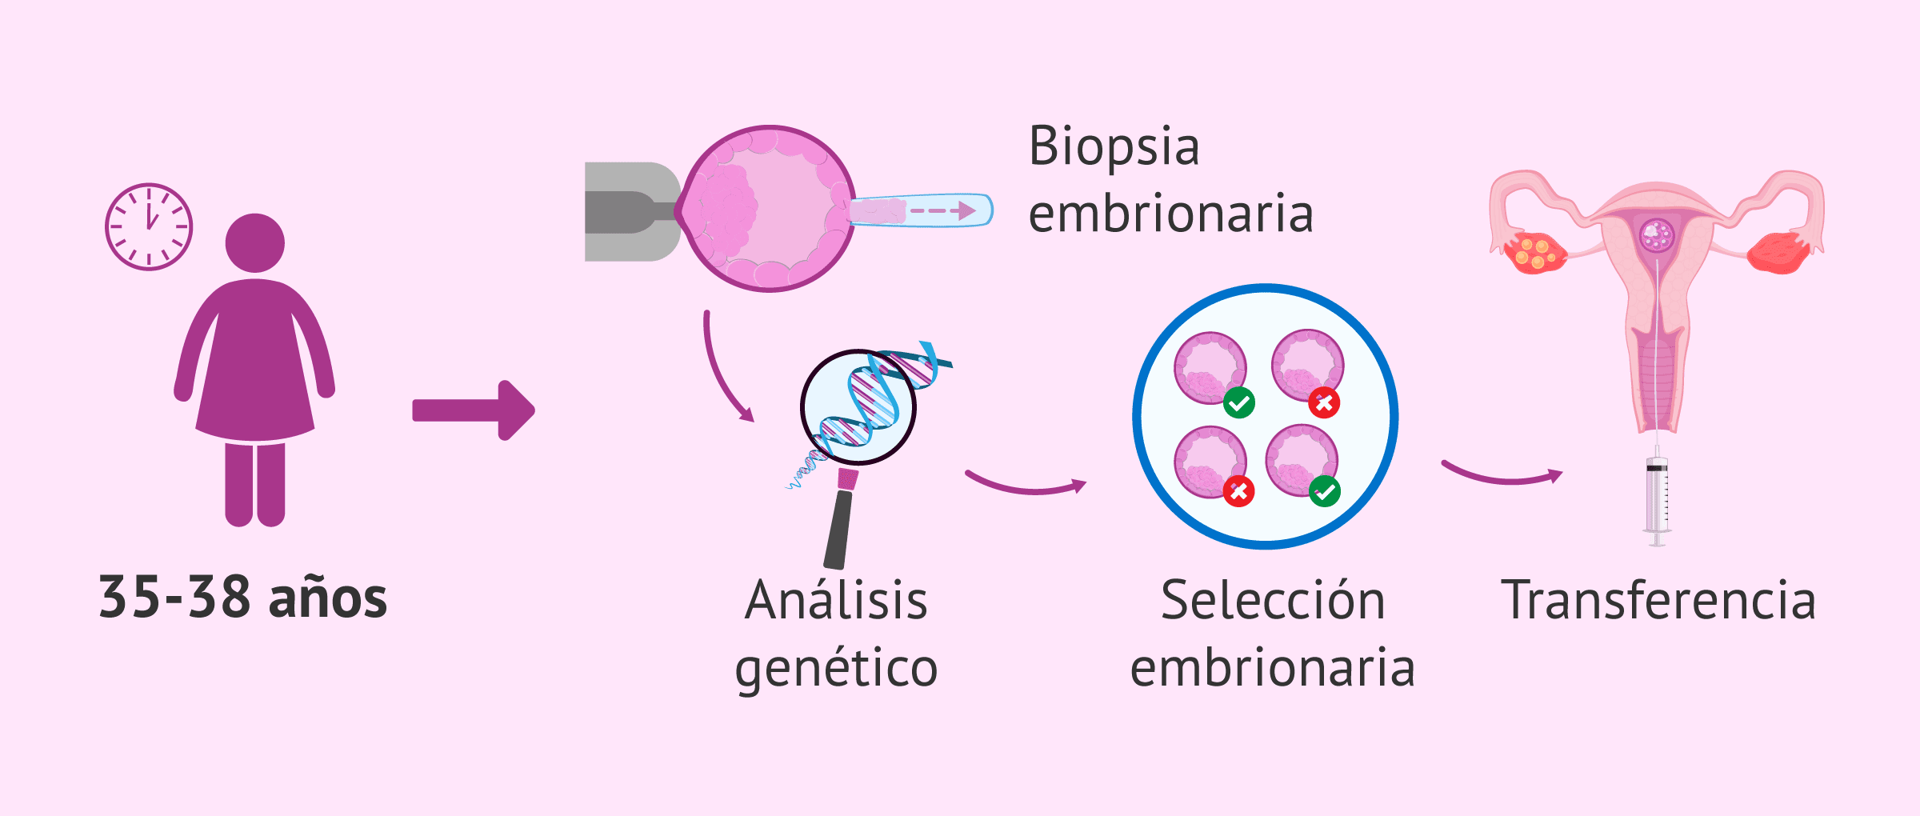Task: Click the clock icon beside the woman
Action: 149,226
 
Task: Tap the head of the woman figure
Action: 255,242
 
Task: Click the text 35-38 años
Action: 242,598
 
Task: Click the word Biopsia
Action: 1114,147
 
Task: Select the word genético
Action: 836,669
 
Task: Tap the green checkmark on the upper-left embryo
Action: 1239,402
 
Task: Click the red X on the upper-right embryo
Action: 1324,402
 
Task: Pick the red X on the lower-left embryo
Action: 1238,491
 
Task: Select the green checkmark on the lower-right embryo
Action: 1325,490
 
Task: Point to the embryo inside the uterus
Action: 1656,235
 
